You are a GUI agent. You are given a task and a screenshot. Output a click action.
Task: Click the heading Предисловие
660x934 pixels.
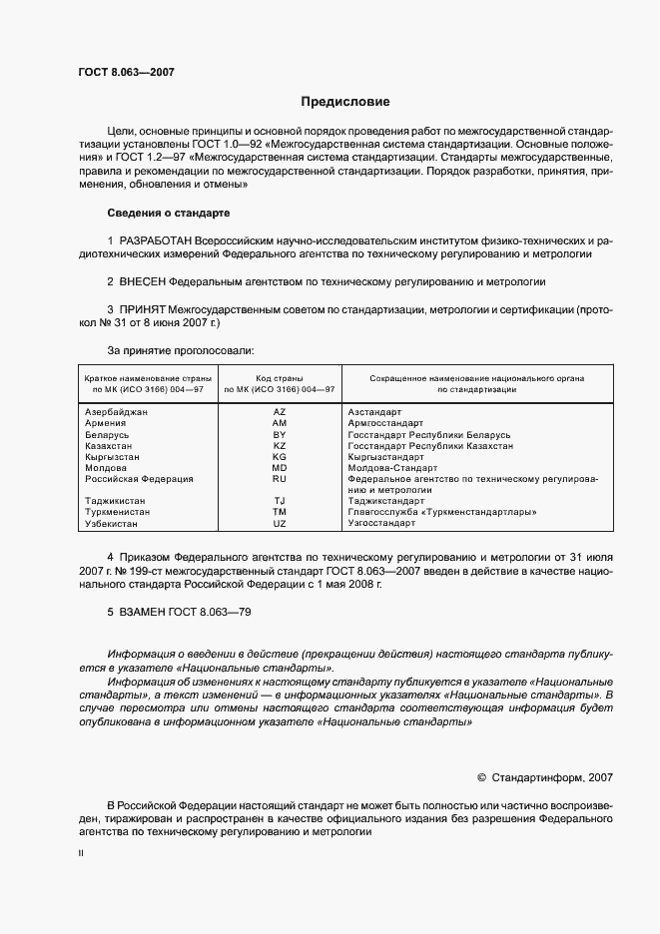pos(345,102)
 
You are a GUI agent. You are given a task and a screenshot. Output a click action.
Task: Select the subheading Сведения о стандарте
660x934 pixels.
pos(168,214)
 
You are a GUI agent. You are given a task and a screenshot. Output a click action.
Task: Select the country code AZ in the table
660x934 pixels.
pos(280,410)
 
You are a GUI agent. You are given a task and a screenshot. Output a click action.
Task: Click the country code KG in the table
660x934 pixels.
pos(280,456)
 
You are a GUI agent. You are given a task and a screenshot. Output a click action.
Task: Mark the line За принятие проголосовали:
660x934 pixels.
pos(180,350)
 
